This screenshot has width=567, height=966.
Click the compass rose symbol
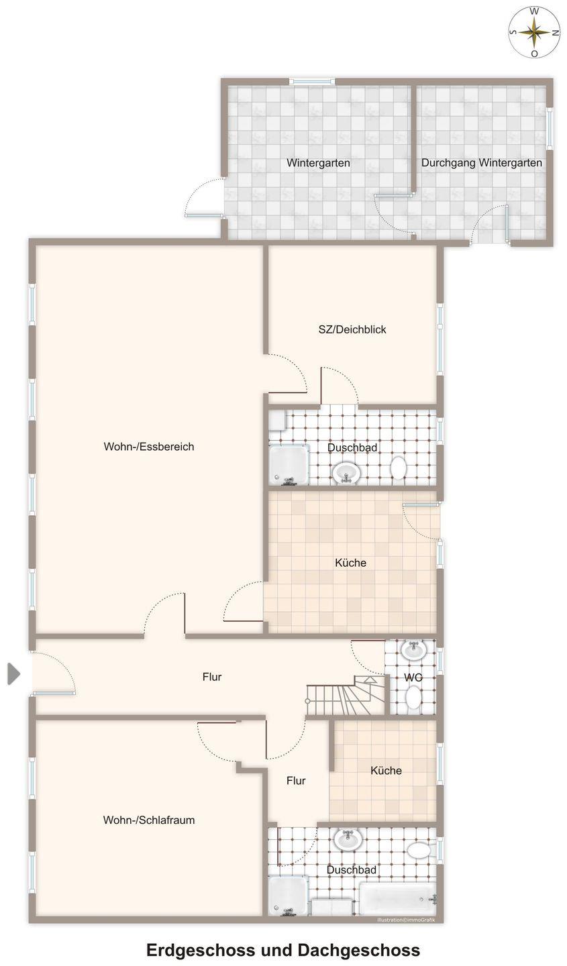(533, 32)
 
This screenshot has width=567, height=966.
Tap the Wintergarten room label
(318, 163)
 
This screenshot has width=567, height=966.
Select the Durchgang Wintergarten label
(481, 163)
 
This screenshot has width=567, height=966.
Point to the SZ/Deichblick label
(352, 329)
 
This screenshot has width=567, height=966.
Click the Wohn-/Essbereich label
(149, 446)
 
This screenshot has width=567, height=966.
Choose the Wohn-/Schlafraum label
(149, 820)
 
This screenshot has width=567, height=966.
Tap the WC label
(413, 678)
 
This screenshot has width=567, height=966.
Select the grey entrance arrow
(14, 674)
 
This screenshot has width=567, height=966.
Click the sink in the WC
(413, 649)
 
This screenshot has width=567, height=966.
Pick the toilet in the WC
(413, 698)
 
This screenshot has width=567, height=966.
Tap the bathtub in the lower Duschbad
(398, 898)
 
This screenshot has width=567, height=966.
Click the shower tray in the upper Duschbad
(289, 465)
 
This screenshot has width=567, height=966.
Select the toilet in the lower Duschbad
(419, 851)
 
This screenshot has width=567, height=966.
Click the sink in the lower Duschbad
(348, 839)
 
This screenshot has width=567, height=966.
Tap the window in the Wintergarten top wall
(311, 81)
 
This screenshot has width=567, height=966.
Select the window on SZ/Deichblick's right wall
(440, 339)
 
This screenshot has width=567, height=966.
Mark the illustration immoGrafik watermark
(406, 918)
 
